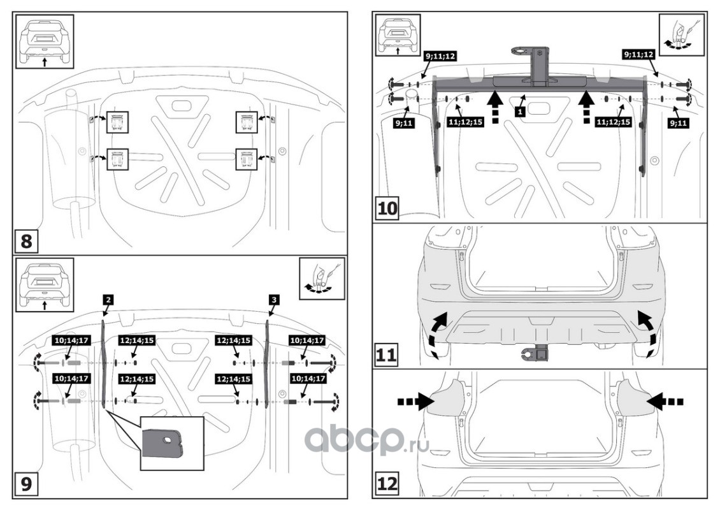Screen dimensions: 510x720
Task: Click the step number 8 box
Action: pyautogui.click(x=25, y=242)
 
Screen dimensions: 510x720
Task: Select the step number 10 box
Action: pyautogui.click(x=387, y=208)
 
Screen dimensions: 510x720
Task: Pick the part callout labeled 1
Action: pyautogui.click(x=521, y=110)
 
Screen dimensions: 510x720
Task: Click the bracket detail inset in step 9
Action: pyautogui.click(x=171, y=442)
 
